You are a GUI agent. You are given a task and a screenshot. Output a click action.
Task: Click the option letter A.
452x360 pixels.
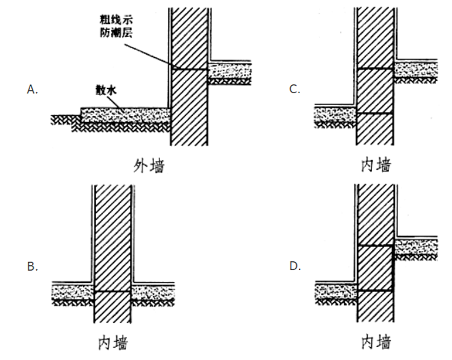pyautogui.click(x=33, y=89)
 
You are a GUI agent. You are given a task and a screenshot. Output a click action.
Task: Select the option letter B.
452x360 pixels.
pyautogui.click(x=33, y=267)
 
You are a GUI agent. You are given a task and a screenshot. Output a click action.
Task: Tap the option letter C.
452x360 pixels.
pyautogui.click(x=295, y=89)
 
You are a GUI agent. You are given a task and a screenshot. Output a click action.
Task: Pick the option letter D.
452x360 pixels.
pyautogui.click(x=295, y=267)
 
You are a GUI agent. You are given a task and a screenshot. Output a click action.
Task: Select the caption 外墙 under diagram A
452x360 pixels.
pyautogui.click(x=150, y=165)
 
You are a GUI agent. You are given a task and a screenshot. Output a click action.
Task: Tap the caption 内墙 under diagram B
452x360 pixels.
pyautogui.click(x=114, y=343)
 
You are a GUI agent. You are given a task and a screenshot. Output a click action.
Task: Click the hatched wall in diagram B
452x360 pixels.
pyautogui.click(x=113, y=247)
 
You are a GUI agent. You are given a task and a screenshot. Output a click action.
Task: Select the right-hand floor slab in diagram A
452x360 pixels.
pyautogui.click(x=228, y=72)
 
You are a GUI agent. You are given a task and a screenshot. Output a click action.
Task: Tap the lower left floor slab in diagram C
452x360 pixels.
pyautogui.click(x=334, y=115)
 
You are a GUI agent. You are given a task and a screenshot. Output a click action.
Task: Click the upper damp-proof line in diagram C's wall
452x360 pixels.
pyautogui.click(x=375, y=69)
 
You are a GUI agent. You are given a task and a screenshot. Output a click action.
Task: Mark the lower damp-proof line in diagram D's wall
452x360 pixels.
pyautogui.click(x=375, y=290)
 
